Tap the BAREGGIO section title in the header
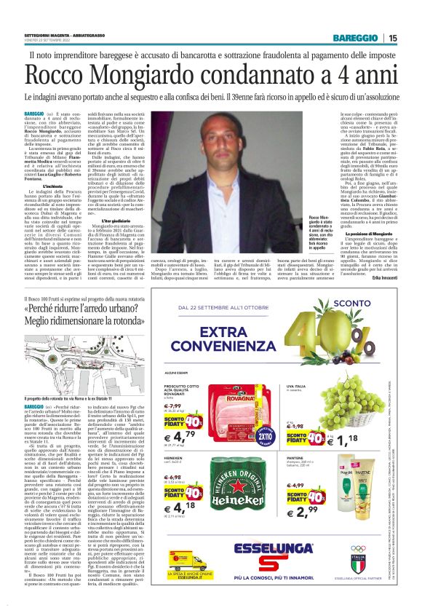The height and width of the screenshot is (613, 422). point(357,38)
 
